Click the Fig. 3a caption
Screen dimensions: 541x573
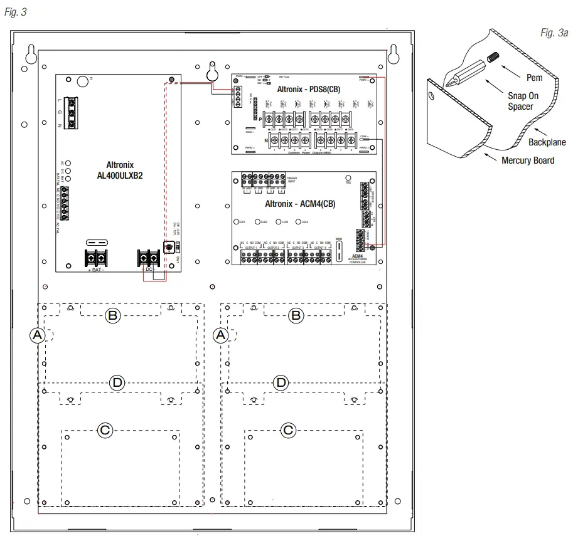[554, 33]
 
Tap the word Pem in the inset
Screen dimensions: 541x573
[534, 78]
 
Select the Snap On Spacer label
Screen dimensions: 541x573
[523, 101]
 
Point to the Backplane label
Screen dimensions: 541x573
[545, 142]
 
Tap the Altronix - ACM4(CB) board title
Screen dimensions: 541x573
[300, 204]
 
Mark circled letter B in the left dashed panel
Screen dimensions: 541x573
[112, 316]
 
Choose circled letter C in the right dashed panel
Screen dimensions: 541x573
[288, 429]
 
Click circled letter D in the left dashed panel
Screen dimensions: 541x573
[117, 382]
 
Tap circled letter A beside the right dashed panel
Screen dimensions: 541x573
[220, 335]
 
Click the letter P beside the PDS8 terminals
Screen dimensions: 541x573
[260, 118]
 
